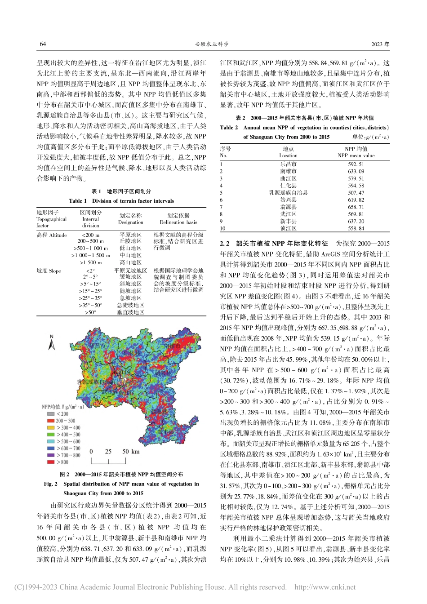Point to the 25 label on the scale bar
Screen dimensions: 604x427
108,451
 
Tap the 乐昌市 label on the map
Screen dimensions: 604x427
96,346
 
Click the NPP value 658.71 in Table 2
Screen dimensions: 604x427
356,207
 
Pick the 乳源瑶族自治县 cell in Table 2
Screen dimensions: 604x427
288,193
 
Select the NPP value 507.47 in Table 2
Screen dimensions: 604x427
356,193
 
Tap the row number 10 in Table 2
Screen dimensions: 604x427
222,229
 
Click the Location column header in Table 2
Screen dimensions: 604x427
288,155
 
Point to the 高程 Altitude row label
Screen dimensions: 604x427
52,235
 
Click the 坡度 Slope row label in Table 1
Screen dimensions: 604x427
49,271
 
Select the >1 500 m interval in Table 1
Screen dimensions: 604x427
90,262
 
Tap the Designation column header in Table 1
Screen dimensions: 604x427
130,222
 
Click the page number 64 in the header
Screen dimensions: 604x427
43,44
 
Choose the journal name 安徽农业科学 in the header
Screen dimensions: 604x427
212,44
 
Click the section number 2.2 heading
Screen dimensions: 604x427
225,244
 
